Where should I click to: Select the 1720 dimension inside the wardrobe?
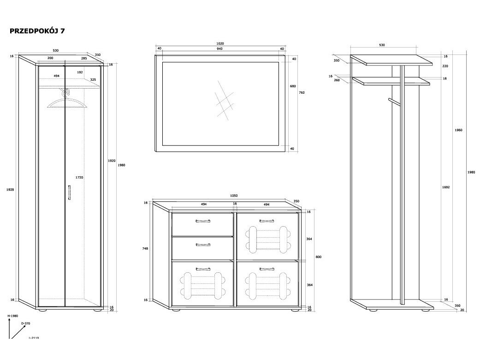[x=79, y=177]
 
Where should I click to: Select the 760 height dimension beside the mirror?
[x=302, y=93]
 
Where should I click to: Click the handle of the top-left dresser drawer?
[x=202, y=221]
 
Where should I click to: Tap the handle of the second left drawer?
[x=202, y=245]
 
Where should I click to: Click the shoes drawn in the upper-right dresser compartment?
[x=267, y=240]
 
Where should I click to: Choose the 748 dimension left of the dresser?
[x=146, y=248]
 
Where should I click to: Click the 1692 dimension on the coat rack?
[x=445, y=187]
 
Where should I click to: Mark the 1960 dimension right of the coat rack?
[x=458, y=130]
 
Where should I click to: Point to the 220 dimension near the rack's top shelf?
[x=445, y=66]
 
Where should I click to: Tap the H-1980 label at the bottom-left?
[x=13, y=316]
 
